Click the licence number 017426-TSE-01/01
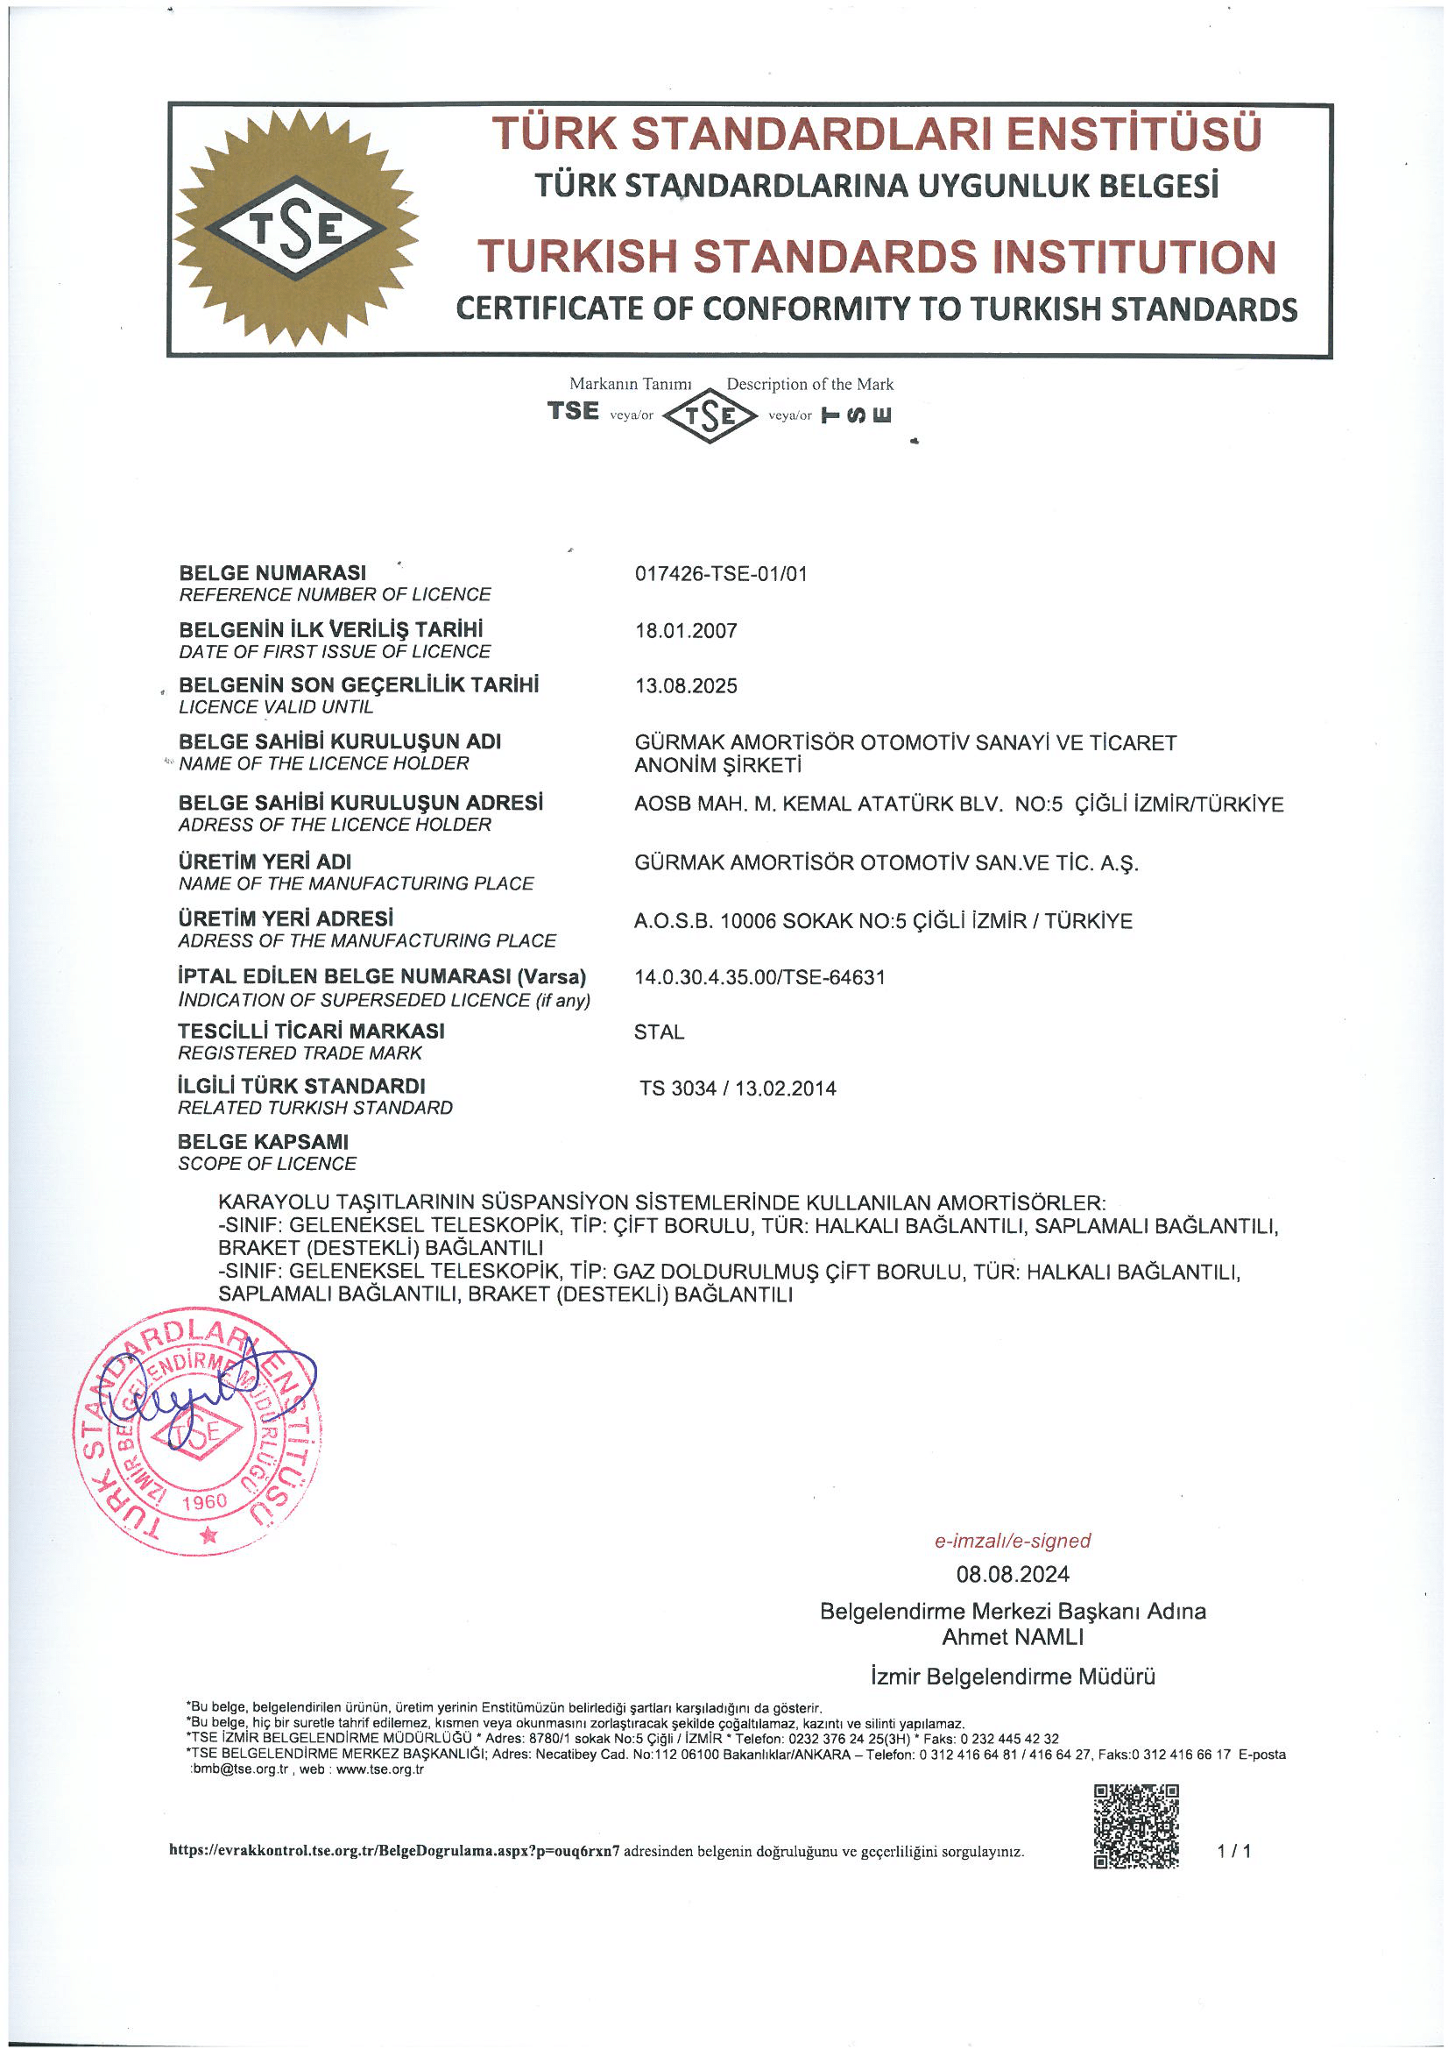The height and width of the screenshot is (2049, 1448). (721, 574)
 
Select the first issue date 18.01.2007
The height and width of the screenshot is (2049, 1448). (686, 631)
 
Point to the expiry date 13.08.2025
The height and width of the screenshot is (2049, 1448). (686, 685)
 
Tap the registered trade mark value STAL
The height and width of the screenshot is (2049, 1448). (660, 1032)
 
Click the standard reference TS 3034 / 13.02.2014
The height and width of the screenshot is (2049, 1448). (738, 1088)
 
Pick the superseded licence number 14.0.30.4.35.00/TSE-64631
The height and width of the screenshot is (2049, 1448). (759, 976)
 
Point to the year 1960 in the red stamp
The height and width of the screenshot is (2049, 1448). (204, 1501)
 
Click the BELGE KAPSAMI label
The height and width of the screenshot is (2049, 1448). (263, 1141)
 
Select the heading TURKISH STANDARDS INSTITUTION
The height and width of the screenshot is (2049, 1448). (876, 256)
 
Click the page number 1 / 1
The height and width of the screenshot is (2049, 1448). (1234, 1851)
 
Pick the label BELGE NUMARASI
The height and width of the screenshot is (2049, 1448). (272, 572)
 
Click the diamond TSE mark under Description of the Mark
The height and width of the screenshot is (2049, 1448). (710, 417)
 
